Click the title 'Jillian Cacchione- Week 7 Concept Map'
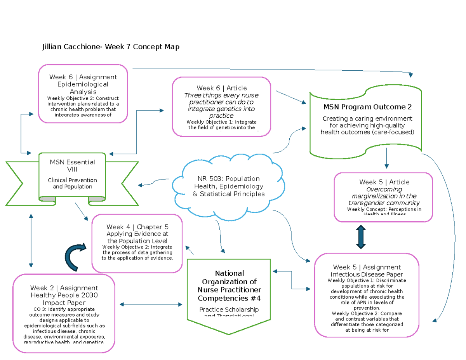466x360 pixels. [x=111, y=47]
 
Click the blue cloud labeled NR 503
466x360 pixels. [x=228, y=186]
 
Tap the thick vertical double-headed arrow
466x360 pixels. [x=361, y=237]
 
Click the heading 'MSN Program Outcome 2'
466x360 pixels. [x=367, y=107]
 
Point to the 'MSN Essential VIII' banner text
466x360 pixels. [x=72, y=165]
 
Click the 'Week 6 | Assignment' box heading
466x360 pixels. [x=83, y=77]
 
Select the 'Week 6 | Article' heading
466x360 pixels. [x=221, y=88]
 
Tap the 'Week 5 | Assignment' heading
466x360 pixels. [x=367, y=267]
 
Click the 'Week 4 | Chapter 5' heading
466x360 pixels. [x=137, y=227]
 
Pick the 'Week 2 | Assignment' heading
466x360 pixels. [x=64, y=288]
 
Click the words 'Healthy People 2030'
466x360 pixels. [x=64, y=295]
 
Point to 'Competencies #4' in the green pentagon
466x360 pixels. [x=229, y=298]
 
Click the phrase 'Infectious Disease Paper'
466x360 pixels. [x=367, y=274]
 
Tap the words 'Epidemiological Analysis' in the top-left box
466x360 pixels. [x=83, y=88]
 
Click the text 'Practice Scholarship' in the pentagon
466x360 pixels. [x=229, y=310]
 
